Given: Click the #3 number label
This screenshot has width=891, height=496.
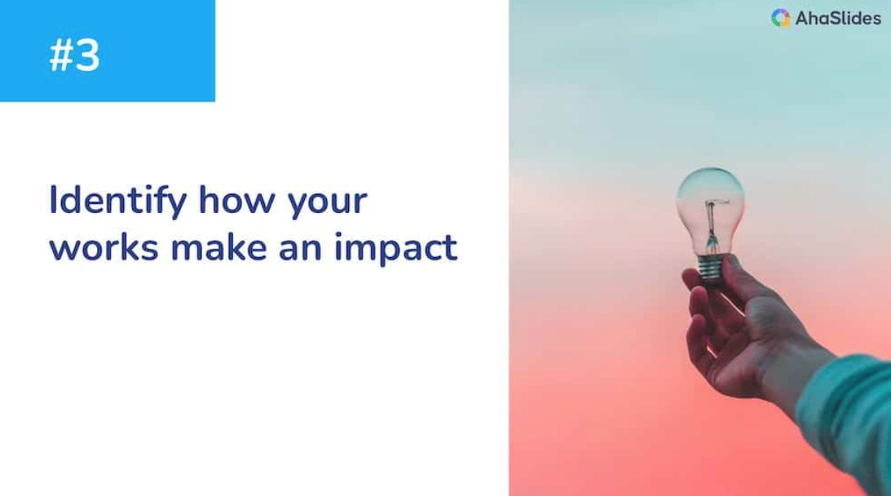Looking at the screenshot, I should coord(75,56).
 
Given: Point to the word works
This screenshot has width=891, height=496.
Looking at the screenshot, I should coord(104,248).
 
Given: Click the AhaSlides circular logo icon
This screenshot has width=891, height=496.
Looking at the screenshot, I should coord(780,19).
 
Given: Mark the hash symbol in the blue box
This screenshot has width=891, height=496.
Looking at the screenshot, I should coord(59,56).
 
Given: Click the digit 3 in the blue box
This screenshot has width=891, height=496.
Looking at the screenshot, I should coord(87,56).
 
